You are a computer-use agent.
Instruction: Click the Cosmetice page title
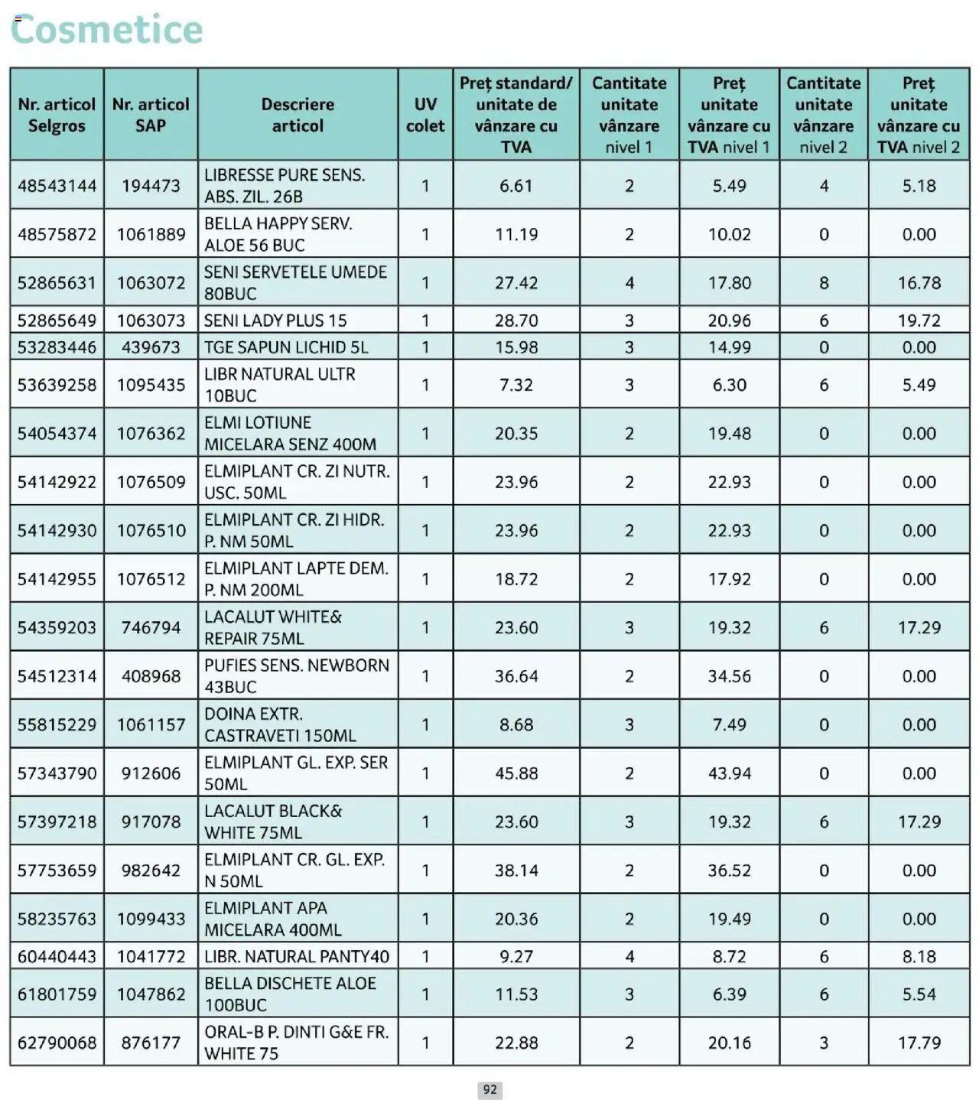coord(107,30)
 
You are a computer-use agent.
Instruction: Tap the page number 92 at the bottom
coord(489,1089)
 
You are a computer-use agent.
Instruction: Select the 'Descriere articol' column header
coord(298,115)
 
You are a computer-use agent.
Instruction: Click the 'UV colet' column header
coord(424,115)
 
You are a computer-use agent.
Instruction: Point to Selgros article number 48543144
coord(57,186)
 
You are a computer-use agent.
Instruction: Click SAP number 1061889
coord(151,234)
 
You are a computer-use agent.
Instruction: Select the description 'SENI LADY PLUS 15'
coord(275,321)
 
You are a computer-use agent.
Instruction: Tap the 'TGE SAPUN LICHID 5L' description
coord(286,347)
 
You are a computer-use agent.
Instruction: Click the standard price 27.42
coord(516,283)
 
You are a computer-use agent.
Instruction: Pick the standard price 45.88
coord(516,773)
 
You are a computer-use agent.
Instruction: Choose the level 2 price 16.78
coord(919,283)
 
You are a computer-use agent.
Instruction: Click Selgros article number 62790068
coord(57,1043)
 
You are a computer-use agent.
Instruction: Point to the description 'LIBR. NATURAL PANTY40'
coord(297,956)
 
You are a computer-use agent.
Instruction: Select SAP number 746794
coord(151,628)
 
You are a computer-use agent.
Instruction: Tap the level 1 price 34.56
coord(729,676)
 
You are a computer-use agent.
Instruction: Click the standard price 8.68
coord(516,724)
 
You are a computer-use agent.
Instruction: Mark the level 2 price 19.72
coord(919,321)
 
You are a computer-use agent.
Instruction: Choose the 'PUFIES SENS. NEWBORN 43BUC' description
coord(297,676)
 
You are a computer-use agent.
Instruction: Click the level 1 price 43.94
coord(729,773)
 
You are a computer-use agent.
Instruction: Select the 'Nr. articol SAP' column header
coord(151,115)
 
